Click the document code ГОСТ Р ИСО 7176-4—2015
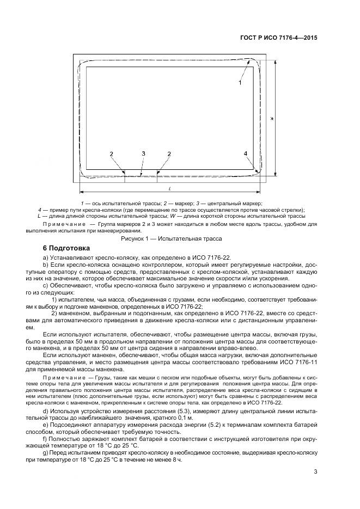(x=278, y=38)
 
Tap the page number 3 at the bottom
(x=315, y=472)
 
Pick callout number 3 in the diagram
(x=143, y=154)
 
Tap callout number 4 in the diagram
(x=246, y=154)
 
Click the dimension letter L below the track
(x=170, y=188)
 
